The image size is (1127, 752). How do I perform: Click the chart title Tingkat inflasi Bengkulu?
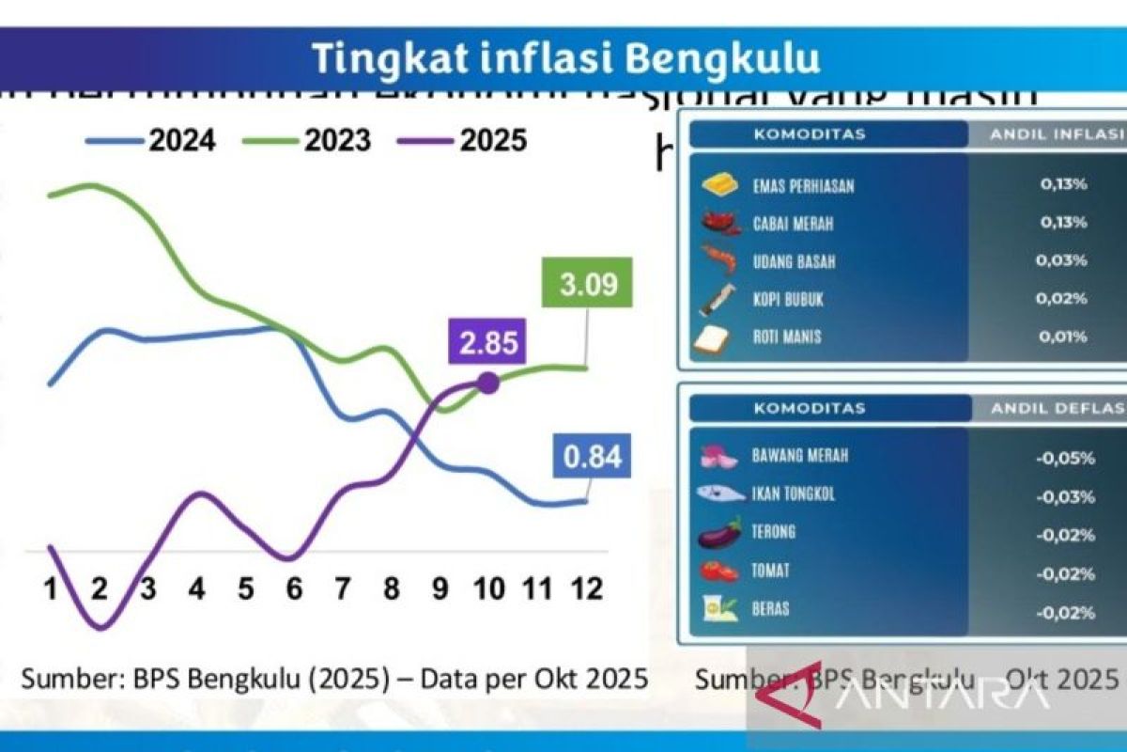pyautogui.click(x=565, y=58)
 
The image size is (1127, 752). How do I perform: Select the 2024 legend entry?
pyautogui.click(x=151, y=141)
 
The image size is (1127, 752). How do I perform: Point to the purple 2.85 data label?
pyautogui.click(x=488, y=343)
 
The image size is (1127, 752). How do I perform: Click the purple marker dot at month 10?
pyautogui.click(x=487, y=382)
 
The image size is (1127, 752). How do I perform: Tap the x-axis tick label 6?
pyautogui.click(x=294, y=589)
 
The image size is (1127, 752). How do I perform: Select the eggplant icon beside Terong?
pyautogui.click(x=721, y=533)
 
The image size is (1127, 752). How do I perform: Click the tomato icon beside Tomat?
pyautogui.click(x=721, y=572)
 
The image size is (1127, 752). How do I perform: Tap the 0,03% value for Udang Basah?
pyautogui.click(x=1063, y=260)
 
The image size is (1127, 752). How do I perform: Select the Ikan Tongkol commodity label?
pyautogui.click(x=793, y=493)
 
